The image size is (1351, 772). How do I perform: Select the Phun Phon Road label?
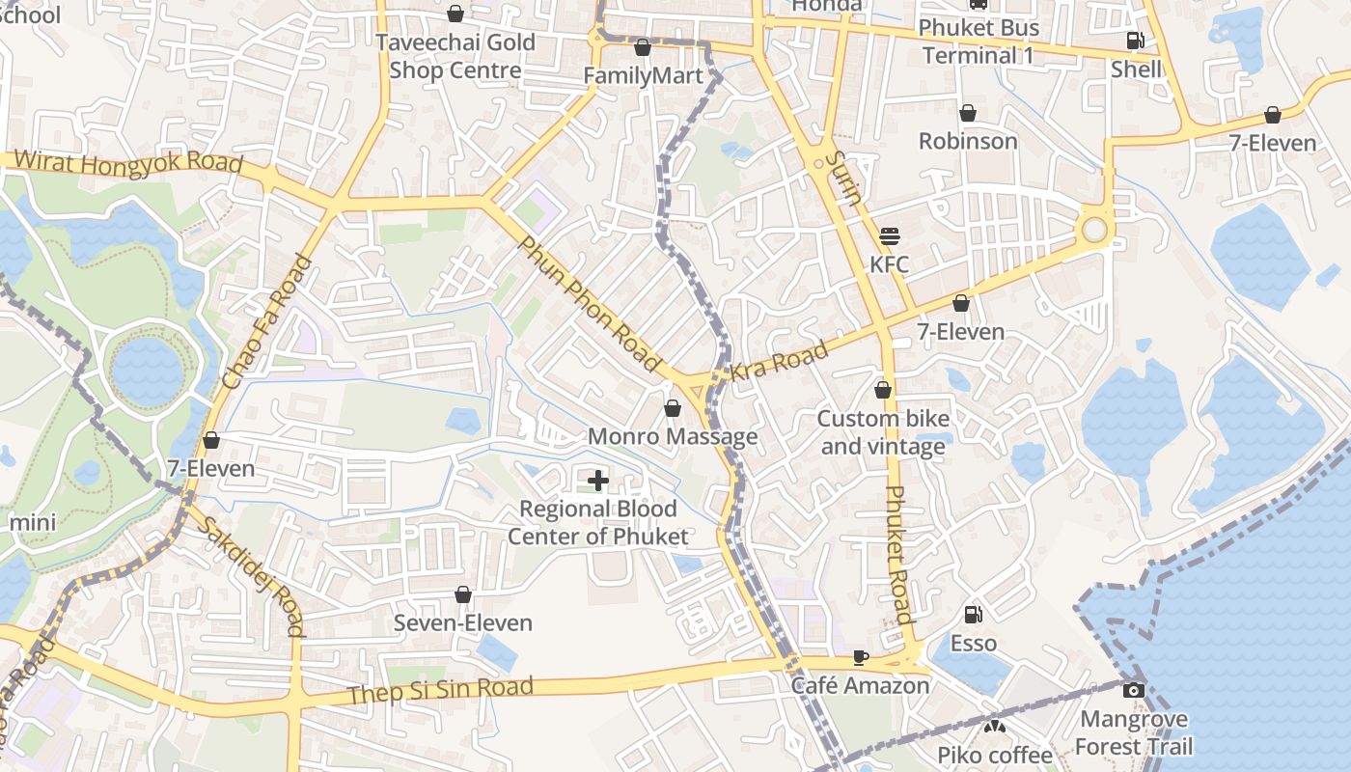pyautogui.click(x=589, y=303)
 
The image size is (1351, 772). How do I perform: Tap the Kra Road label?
pyautogui.click(x=780, y=359)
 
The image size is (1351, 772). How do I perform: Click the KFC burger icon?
pyautogui.click(x=889, y=235)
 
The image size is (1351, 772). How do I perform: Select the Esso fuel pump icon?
pyautogui.click(x=974, y=615)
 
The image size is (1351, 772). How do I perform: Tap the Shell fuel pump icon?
pyautogui.click(x=1136, y=41)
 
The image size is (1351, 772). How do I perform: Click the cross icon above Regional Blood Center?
pyautogui.click(x=598, y=480)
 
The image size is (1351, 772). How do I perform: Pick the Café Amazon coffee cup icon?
pyautogui.click(x=860, y=657)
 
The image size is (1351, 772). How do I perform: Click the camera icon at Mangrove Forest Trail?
pyautogui.click(x=1134, y=690)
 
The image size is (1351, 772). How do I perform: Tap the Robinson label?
pyautogui.click(x=968, y=141)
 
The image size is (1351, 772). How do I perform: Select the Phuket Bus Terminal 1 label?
pyautogui.click(x=978, y=41)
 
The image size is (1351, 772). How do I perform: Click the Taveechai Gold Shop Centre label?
pyautogui.click(x=455, y=56)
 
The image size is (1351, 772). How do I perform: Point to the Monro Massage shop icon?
pyautogui.click(x=673, y=409)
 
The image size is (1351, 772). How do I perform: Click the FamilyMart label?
pyautogui.click(x=644, y=75)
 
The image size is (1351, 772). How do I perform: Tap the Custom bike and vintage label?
pyautogui.click(x=883, y=432)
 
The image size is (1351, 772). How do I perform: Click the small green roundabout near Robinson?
pyautogui.click(x=1094, y=230)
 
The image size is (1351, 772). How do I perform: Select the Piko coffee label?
pyautogui.click(x=995, y=754)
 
